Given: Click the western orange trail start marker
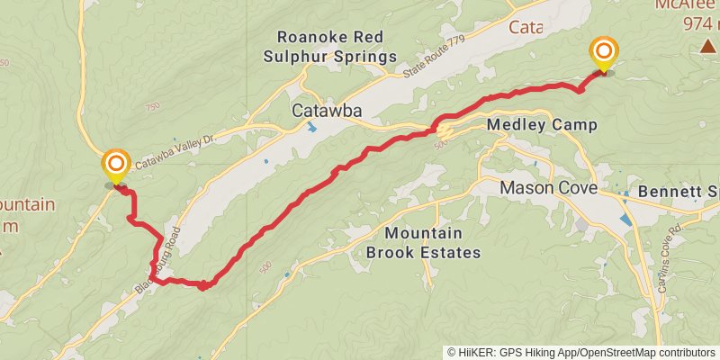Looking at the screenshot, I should coord(116,165).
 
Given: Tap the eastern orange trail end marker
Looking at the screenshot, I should coord(603,51).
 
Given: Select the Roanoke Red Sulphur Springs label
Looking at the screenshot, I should coord(337,47).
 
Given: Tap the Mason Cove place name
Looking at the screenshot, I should coord(548,188).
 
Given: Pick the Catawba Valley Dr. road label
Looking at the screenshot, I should coord(176,152).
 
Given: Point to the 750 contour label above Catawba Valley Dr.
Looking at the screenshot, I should coord(151,106).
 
